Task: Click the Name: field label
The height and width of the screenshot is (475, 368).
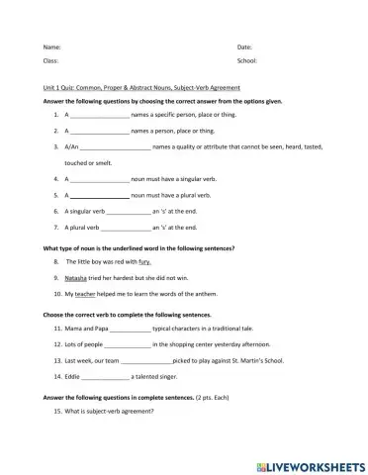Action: (x=51, y=47)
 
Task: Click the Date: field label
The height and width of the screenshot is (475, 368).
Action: (x=244, y=47)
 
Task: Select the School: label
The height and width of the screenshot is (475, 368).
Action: (x=247, y=61)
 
